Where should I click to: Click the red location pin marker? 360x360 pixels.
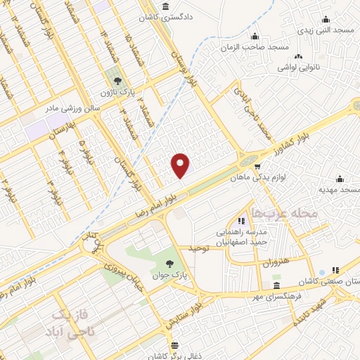(x=181, y=165)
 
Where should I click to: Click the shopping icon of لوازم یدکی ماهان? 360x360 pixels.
(x=257, y=167)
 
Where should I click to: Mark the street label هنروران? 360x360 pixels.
(x=276, y=263)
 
